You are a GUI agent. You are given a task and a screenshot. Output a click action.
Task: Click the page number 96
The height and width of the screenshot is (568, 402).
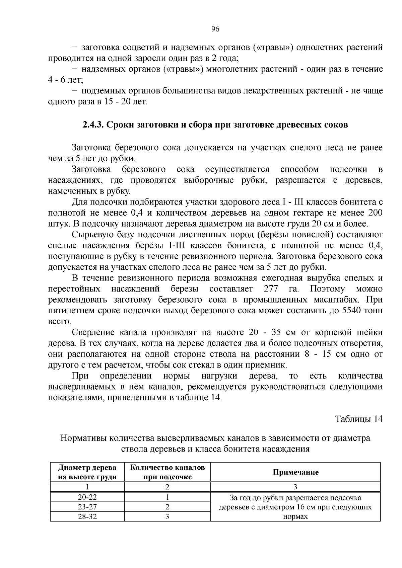tap(215, 29)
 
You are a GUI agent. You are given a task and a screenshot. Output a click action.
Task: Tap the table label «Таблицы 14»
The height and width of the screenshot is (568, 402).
tap(359, 419)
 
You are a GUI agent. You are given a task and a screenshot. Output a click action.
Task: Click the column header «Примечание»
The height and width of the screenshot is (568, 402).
tap(295, 472)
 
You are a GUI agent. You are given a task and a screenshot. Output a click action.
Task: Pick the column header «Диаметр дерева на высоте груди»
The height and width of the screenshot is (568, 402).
tap(87, 472)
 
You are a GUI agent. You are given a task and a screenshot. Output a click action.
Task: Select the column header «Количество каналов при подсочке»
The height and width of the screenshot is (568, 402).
tap(167, 472)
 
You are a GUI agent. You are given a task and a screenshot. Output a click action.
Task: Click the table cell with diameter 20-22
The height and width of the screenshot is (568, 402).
tap(87, 497)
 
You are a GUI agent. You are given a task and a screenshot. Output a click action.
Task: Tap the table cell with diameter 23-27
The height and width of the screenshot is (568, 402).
tap(87, 507)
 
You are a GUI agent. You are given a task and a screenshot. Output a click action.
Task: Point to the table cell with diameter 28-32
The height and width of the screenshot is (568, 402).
tap(87, 517)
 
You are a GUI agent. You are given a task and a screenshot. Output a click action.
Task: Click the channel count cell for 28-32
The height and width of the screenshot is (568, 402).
tap(167, 517)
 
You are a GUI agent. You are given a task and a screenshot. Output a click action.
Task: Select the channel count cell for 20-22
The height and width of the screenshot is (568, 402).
tap(167, 497)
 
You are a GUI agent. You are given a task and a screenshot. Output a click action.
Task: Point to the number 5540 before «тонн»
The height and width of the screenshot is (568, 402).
tap(351, 311)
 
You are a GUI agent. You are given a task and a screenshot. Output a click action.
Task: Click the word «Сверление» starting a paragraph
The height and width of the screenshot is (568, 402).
tap(91, 333)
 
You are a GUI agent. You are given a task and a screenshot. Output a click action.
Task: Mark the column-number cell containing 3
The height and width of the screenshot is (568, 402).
tap(295, 487)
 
